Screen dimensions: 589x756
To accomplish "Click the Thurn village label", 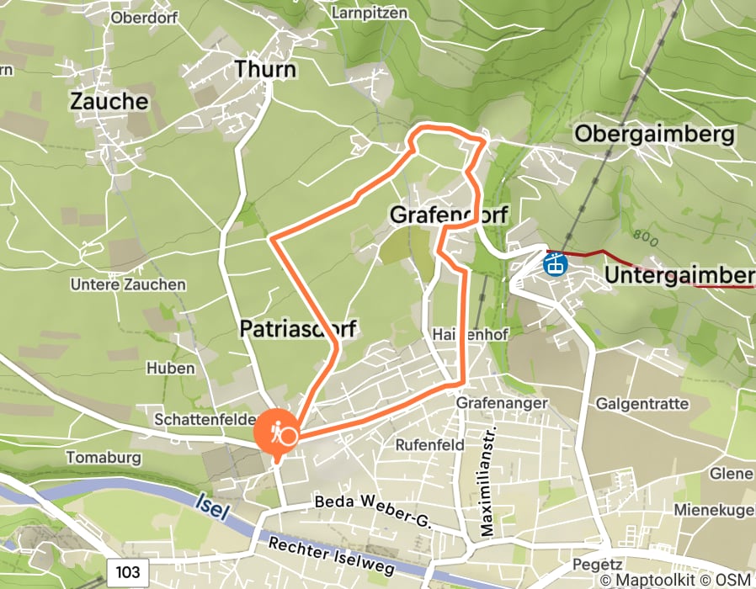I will point(265,68).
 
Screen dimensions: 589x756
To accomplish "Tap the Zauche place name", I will point(109,102).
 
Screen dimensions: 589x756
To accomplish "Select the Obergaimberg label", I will point(655,134).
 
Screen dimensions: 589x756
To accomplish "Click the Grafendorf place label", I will point(448,215).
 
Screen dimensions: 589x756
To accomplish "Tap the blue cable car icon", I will point(555,265).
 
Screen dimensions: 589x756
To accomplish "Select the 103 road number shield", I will point(128,572).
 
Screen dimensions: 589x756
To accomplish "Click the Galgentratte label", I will point(642,404).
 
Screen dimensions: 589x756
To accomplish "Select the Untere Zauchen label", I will point(128,284).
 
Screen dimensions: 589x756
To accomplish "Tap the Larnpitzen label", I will point(370,13).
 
